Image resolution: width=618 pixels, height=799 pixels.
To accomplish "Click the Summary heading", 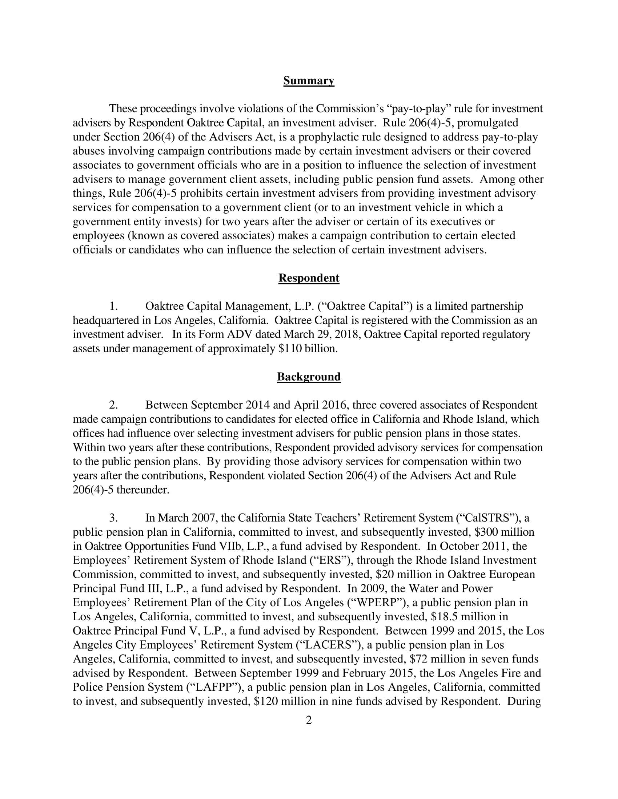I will click(x=309, y=81).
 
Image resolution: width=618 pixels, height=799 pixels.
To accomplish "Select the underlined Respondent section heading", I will click(x=309, y=278).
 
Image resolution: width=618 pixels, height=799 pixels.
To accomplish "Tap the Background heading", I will click(x=309, y=377).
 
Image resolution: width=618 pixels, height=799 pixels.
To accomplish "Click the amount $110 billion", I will click(x=307, y=349).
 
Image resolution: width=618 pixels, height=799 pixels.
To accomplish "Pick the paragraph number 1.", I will click(x=113, y=306).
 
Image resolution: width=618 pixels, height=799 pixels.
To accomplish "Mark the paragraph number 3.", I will click(x=113, y=518).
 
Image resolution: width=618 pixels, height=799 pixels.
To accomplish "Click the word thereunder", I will click(x=143, y=490).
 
